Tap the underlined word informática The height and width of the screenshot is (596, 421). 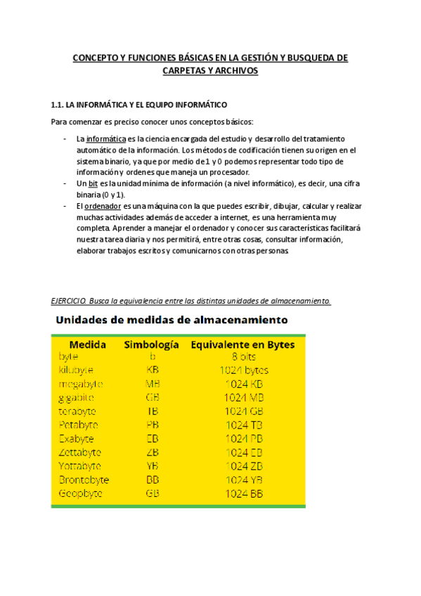tap(106, 139)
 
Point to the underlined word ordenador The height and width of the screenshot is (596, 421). tap(103, 206)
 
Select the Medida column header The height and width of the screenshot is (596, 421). tap(88, 344)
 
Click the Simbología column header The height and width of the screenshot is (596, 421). tap(153, 344)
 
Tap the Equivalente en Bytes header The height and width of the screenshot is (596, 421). tap(243, 344)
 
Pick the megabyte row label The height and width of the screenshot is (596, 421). tap(81, 384)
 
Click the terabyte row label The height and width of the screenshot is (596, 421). tap(78, 411)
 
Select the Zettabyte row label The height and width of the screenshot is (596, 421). tap(80, 452)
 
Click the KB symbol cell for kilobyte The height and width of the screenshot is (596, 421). tap(153, 370)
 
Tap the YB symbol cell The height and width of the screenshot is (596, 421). tap(153, 466)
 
